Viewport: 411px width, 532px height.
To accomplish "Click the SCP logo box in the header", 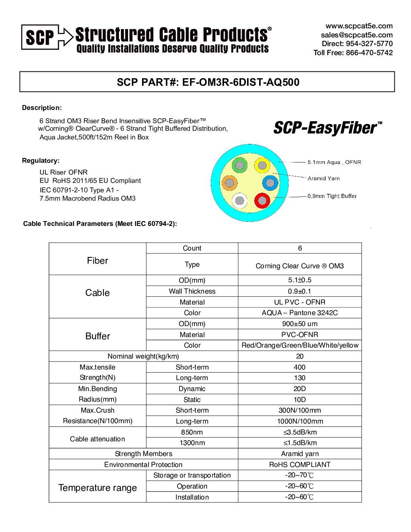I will coord(40,37).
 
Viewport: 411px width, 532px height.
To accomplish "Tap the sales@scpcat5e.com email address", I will coord(357,35).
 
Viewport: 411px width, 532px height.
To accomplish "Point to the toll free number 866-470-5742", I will coord(369,53).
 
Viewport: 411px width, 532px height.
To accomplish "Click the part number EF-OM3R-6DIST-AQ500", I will coord(241,82).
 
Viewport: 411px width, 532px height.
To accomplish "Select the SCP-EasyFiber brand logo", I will coord(328,128).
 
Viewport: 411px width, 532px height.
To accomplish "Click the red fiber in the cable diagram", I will coord(262,200).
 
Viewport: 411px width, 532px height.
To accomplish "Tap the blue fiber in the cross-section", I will coord(270,183).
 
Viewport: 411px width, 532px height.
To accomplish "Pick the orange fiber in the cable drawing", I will coord(229,183).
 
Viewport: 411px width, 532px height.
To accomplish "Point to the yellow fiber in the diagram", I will coord(262,165).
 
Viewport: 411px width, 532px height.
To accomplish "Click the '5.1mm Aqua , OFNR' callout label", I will coord(334,162).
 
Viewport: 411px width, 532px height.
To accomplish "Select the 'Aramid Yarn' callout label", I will coord(323,178).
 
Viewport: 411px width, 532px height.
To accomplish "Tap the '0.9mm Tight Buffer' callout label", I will coord(332,196).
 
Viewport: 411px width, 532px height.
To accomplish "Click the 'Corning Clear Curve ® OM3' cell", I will coord(300,266).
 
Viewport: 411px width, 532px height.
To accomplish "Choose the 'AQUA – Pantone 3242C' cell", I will coord(300,313).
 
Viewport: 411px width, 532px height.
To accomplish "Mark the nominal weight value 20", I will coord(300,356).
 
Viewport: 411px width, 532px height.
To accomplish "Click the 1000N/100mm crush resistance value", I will coord(300,421).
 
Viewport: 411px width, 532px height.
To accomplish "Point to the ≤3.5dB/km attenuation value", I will coord(300,432).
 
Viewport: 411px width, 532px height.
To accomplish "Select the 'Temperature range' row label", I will coord(97,488).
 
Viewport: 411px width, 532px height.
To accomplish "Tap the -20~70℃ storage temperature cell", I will coord(300,475).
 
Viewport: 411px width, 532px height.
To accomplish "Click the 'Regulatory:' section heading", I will coord(41,161).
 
